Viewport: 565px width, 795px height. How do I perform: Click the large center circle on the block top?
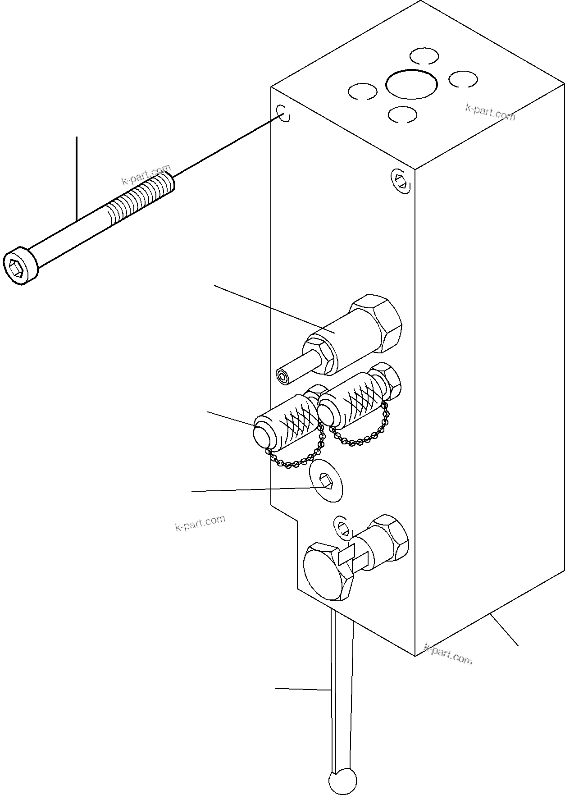(411, 84)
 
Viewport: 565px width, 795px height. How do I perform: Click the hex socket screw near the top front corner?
(401, 181)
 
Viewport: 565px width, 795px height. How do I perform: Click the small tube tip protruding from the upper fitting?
(282, 377)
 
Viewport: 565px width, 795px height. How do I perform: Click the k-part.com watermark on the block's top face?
(490, 112)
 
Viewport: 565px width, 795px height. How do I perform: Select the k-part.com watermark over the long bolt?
(146, 176)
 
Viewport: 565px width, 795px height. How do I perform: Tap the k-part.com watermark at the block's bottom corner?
(448, 655)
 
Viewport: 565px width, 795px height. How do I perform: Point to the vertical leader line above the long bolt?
(77, 178)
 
